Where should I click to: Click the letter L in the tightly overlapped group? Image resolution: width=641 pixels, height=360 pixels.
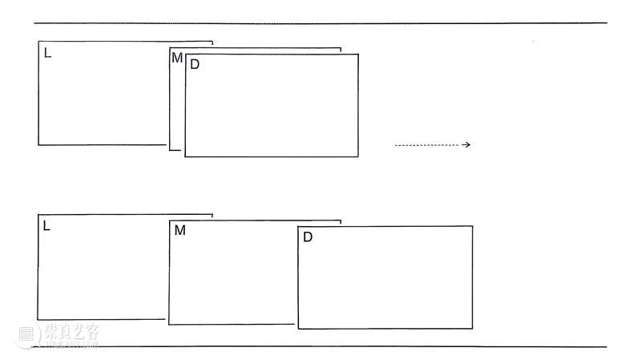47,53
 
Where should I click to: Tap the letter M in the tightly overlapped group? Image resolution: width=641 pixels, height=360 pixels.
177,58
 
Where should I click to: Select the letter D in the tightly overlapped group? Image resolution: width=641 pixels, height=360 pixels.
195,64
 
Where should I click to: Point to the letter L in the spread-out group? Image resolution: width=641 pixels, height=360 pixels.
46,226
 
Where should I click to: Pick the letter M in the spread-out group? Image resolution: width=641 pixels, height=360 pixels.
179,230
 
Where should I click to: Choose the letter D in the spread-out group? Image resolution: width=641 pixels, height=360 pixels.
308,237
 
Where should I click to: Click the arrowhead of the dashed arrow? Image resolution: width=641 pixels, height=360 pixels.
466,145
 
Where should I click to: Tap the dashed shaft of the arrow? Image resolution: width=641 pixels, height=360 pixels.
428,145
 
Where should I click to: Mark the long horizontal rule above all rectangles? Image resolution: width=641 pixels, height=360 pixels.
320,23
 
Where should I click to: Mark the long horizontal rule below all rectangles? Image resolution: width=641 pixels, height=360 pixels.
320,347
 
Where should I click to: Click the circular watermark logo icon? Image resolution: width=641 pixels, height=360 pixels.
26,334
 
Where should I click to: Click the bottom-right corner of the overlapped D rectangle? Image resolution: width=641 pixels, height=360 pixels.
358,156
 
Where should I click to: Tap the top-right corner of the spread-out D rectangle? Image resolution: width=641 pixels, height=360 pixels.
473,226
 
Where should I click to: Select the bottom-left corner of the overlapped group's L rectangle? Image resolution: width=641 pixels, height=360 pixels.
38,145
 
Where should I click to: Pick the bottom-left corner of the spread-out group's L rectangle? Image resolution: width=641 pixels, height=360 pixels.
38,319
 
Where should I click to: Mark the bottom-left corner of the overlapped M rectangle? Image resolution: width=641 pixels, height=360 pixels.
170,150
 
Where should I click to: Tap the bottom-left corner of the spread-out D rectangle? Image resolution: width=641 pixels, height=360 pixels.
298,329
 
